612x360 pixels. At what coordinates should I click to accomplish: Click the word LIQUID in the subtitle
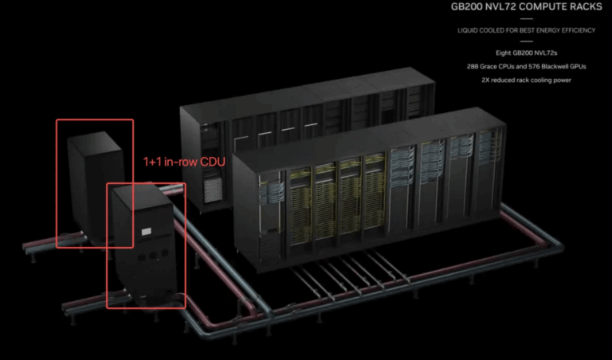(468, 30)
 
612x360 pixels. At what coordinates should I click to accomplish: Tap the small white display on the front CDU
(146, 232)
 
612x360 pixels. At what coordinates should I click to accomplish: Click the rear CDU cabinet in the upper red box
(94, 187)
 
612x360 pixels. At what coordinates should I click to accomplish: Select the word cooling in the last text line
(544, 80)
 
